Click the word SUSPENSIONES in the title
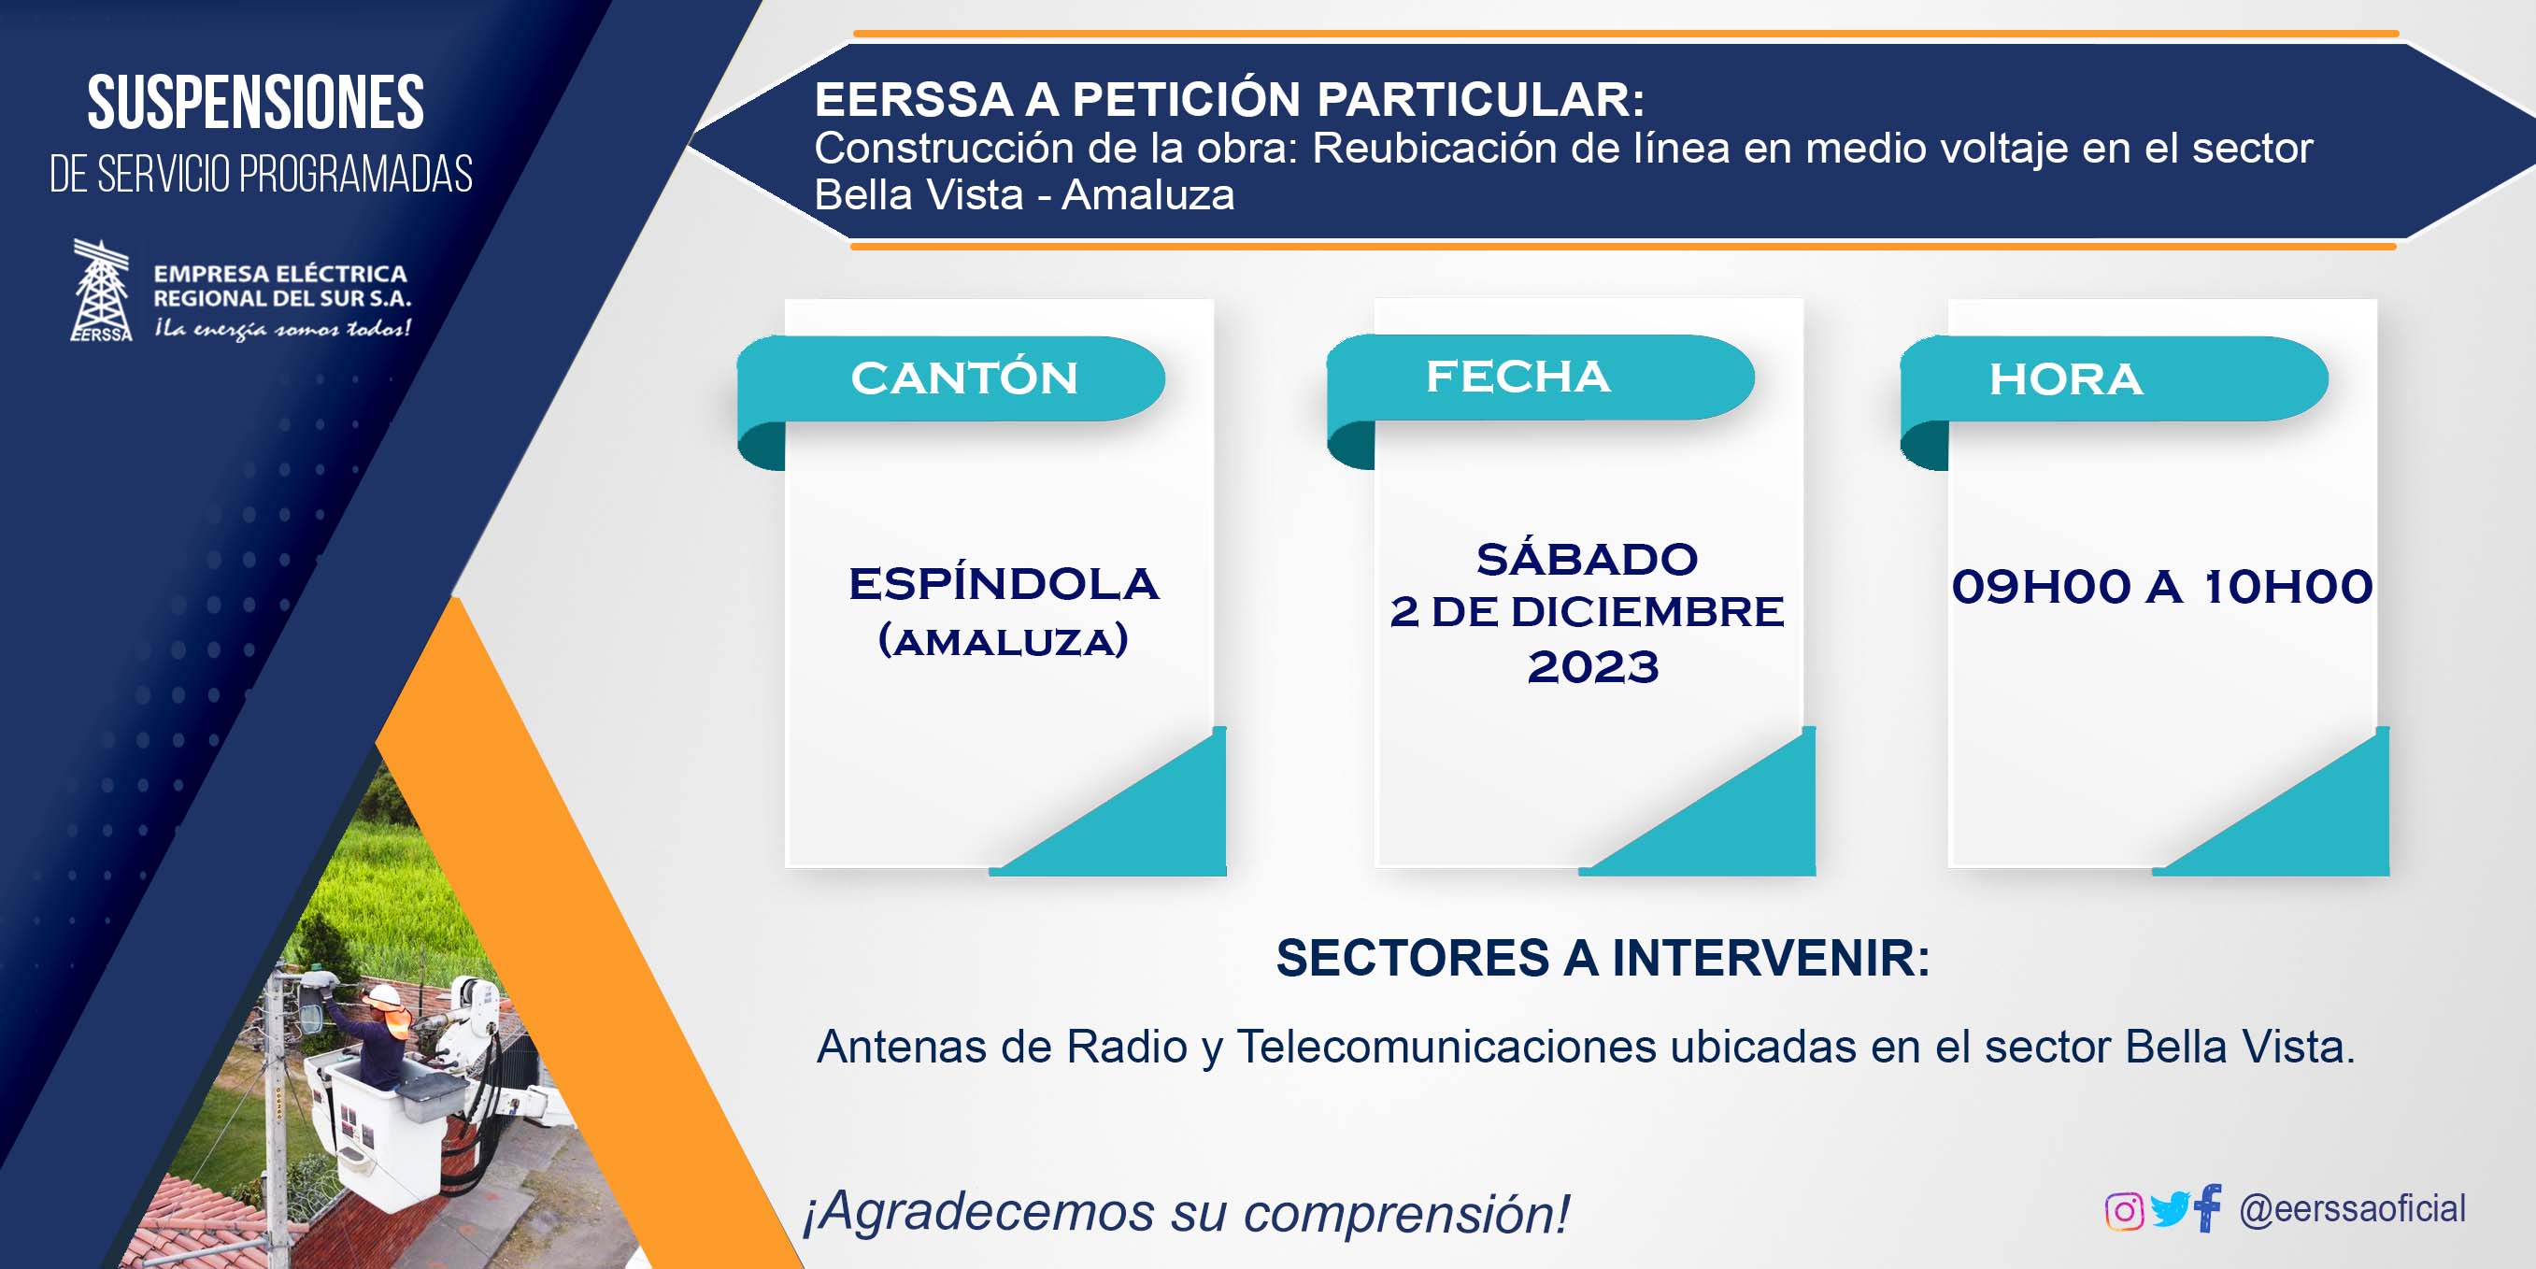click(x=256, y=103)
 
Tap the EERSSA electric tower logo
click(x=102, y=291)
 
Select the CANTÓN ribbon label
click(x=964, y=378)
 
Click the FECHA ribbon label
click(x=1518, y=376)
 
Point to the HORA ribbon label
click(x=2065, y=379)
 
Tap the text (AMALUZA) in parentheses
click(x=1004, y=641)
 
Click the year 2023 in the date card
click(x=1593, y=666)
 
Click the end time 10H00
click(x=2287, y=587)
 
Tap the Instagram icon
click(x=2124, y=1211)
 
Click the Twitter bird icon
click(x=2170, y=1210)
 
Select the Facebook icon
click(x=2208, y=1208)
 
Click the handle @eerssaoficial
click(x=2352, y=1209)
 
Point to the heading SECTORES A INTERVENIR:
click(x=1603, y=958)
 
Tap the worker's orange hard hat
click(x=387, y=996)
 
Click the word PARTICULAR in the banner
click(x=1481, y=98)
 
